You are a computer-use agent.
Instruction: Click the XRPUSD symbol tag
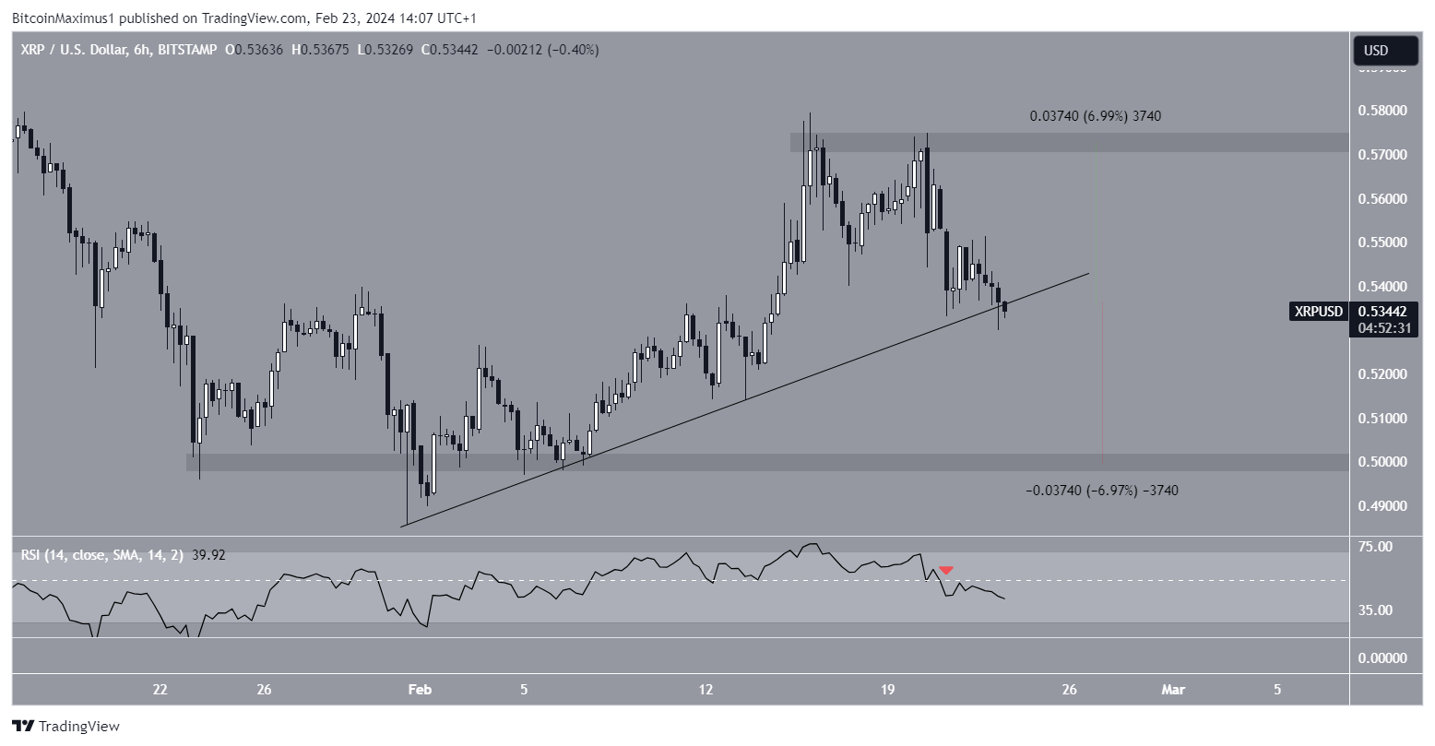(x=1319, y=312)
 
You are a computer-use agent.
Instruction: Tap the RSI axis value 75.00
(x=1370, y=547)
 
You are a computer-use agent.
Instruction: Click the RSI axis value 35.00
(x=1370, y=610)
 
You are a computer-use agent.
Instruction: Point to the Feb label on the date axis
(x=420, y=689)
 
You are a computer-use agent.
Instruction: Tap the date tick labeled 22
(x=160, y=689)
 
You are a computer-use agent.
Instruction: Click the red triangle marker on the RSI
(x=946, y=571)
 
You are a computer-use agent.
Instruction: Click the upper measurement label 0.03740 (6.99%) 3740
(x=1096, y=116)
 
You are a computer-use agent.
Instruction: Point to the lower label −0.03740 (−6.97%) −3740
(x=1101, y=491)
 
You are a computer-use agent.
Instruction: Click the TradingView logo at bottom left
(x=65, y=726)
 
